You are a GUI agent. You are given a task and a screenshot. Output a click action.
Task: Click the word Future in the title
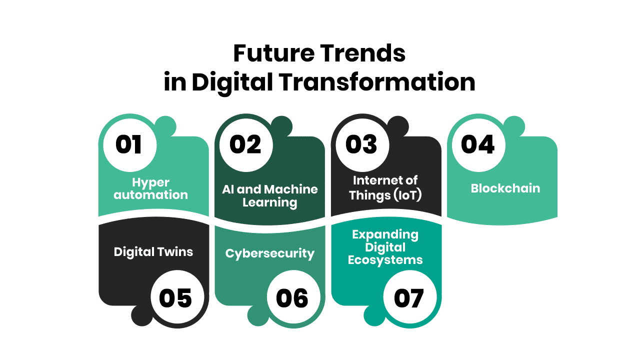pos(274,53)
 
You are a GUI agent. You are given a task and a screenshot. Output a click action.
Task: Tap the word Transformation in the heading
pos(377,82)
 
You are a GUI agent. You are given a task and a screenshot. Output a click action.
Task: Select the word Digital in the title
pos(232,82)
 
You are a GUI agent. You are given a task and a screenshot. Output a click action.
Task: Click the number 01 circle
pos(130,145)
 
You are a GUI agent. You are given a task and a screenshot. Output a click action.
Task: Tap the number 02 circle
pos(246,145)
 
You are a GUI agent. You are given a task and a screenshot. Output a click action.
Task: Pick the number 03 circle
pos(362,145)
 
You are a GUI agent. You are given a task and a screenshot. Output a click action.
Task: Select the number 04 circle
pos(478,145)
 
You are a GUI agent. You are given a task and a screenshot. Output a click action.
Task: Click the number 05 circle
pos(177,297)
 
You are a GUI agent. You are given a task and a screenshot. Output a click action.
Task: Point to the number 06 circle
pos(293,297)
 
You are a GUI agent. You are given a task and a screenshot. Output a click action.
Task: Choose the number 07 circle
pos(410,297)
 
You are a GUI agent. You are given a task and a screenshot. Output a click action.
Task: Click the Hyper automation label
pos(151,188)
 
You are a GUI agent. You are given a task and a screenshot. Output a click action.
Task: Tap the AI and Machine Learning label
pos(270,196)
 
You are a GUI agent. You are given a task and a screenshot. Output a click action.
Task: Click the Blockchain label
pos(505,188)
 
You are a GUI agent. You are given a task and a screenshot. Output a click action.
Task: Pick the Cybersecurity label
pos(270,254)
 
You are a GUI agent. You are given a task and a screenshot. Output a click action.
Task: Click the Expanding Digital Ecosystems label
pos(385,247)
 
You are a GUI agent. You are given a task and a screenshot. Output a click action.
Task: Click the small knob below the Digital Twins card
pos(142,315)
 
